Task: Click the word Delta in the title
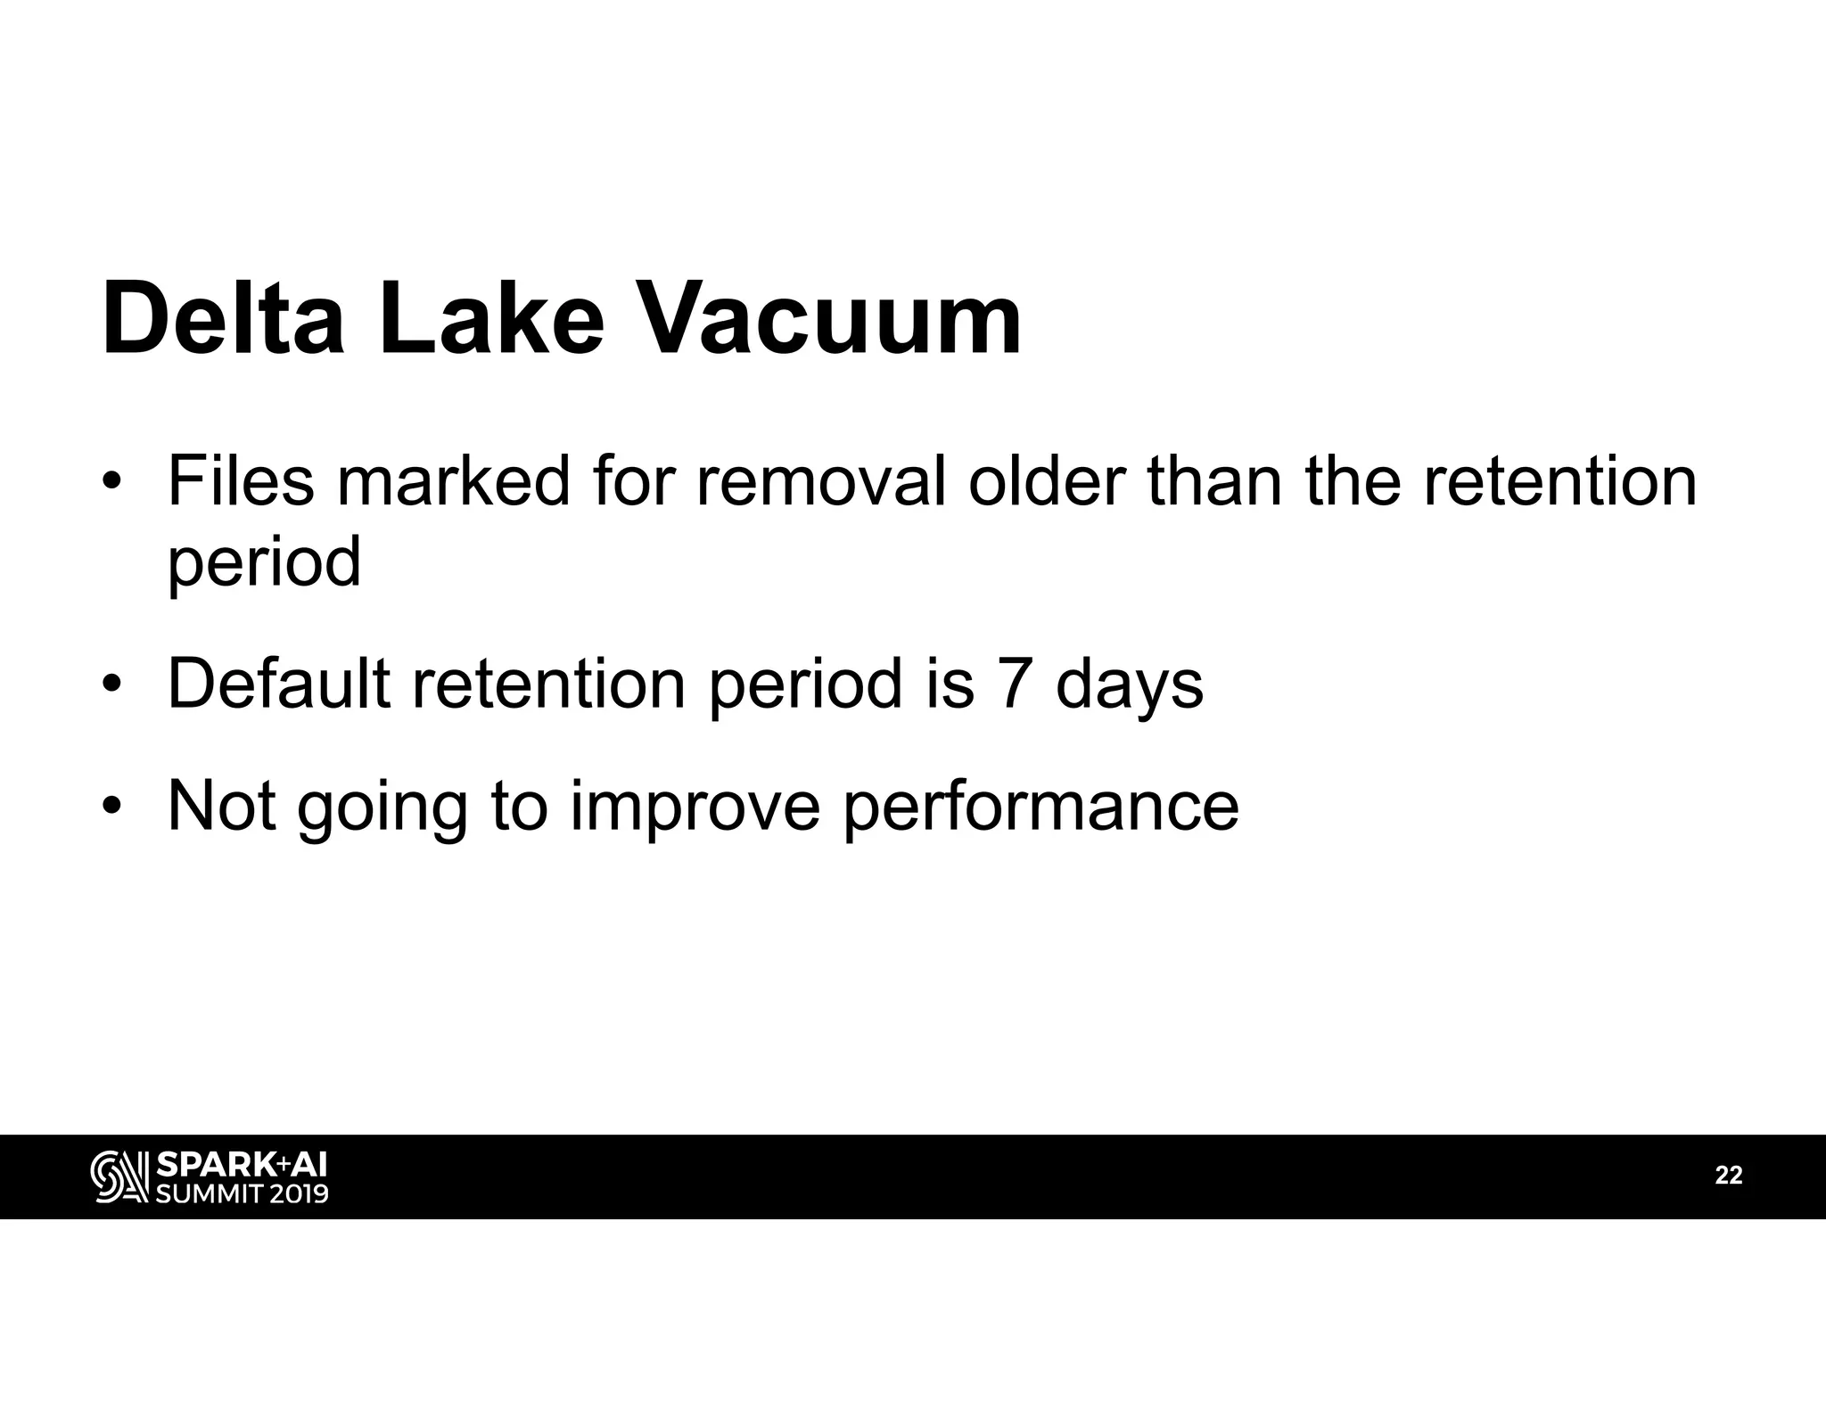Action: (223, 319)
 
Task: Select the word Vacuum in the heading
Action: (831, 319)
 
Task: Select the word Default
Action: (278, 685)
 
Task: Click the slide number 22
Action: (1729, 1176)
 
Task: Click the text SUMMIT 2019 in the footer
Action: (242, 1193)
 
